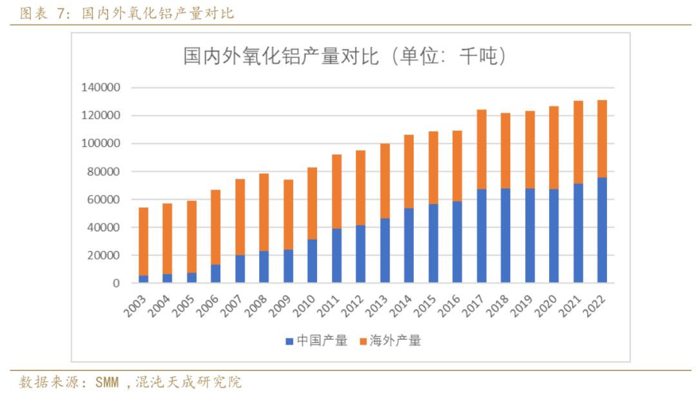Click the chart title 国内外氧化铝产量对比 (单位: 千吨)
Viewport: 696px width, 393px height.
tap(345, 57)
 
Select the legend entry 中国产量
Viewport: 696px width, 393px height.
tap(316, 341)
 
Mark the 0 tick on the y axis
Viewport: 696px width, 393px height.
tap(117, 283)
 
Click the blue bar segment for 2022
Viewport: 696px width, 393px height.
tap(602, 230)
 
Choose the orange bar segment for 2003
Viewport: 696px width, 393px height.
tap(143, 242)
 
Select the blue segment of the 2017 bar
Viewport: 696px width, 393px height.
tap(481, 236)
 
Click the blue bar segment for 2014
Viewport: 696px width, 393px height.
tap(409, 245)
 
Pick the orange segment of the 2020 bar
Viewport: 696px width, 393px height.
tap(554, 148)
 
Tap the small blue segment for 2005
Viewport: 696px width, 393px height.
tap(191, 278)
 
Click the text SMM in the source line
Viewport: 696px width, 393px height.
tap(107, 383)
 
